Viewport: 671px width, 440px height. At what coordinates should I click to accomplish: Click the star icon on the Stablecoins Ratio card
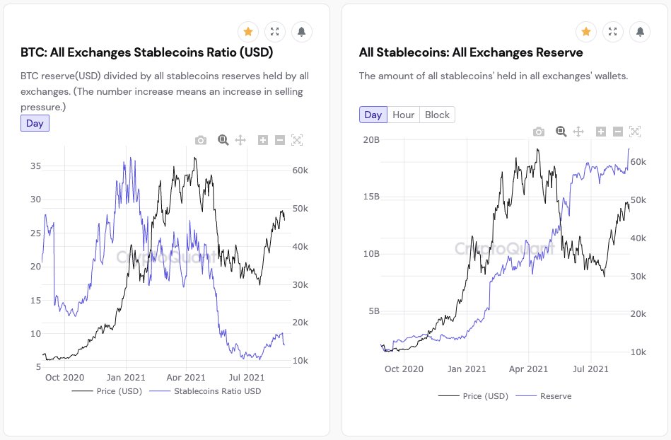coord(248,32)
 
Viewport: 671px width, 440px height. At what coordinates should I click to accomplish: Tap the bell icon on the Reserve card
coord(640,32)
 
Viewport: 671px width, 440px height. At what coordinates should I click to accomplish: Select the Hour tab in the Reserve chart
coord(404,115)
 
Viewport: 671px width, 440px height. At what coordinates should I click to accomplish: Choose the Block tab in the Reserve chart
coord(437,115)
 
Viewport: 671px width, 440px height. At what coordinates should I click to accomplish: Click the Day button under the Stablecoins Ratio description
coord(35,123)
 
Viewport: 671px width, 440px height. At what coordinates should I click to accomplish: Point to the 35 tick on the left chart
coord(35,166)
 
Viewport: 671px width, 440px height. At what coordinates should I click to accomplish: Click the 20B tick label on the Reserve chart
coord(370,139)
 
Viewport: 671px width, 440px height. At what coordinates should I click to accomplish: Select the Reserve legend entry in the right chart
coord(556,396)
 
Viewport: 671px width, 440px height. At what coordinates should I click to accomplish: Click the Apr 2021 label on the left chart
coord(185,378)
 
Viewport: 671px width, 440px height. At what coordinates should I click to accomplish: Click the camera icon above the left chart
coord(201,140)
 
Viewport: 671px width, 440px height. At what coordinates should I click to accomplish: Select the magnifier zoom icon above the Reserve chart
coord(561,132)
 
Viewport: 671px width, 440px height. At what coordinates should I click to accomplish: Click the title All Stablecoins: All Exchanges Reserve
coord(471,53)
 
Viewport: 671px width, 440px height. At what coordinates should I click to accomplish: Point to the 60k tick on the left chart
coord(299,170)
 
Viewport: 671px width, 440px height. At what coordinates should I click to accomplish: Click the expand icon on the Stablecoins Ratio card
coord(275,32)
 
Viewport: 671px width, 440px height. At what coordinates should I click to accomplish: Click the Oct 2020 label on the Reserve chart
coord(404,369)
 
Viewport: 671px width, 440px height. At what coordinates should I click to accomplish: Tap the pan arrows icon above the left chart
coord(240,140)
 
